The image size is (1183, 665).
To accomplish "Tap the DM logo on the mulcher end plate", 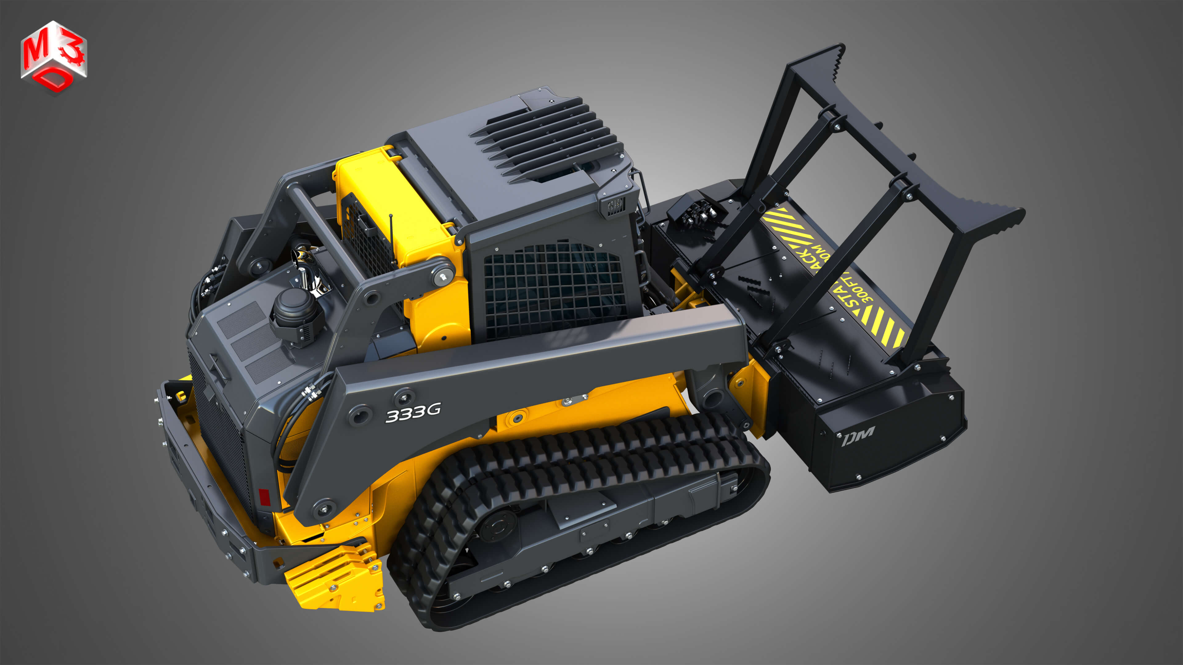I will tap(858, 435).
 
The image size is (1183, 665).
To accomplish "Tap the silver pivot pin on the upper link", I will tap(443, 276).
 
